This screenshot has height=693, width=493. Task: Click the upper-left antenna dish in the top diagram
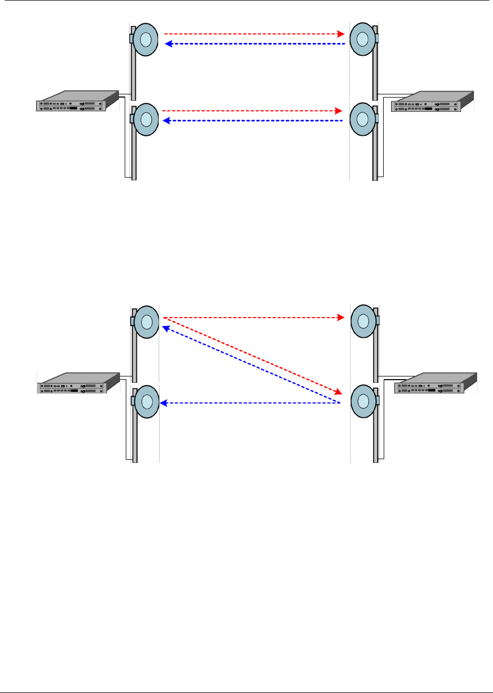[145, 39]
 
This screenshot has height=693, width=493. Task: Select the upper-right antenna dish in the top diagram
[362, 39]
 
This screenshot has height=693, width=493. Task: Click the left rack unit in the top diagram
[77, 100]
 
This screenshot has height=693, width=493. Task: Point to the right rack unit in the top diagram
[432, 102]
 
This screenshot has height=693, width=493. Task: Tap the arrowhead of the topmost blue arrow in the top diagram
[168, 44]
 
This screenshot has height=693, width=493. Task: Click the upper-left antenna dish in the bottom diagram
[146, 321]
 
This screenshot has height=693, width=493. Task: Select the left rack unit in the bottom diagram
[77, 382]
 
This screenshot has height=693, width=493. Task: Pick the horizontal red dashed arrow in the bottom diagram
[252, 318]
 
